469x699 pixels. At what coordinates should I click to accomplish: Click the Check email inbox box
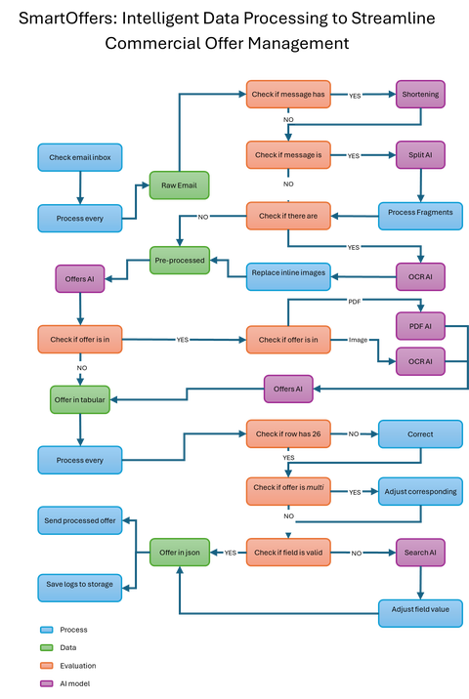click(79, 156)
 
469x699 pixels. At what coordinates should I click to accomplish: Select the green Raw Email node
click(179, 185)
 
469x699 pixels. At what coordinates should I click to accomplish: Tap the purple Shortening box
click(421, 96)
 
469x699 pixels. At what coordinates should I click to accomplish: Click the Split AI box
click(421, 155)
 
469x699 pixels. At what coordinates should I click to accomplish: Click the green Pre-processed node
click(179, 261)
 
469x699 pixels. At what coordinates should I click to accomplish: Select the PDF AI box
click(421, 324)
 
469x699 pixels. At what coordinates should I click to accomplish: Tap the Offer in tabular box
click(79, 398)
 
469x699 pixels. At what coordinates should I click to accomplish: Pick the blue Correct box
click(420, 433)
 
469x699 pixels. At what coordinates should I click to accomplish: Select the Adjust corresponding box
click(420, 491)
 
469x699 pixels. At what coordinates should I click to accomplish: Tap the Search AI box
click(421, 553)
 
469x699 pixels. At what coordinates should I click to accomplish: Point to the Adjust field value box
click(420, 609)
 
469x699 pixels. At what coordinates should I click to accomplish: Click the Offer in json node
click(179, 553)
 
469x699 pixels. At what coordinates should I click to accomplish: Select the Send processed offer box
click(79, 521)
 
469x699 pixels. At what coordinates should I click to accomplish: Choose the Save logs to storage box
click(79, 585)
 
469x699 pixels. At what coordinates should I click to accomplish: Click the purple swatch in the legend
click(46, 683)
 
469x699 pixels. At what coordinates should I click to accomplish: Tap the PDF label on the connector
click(355, 302)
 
